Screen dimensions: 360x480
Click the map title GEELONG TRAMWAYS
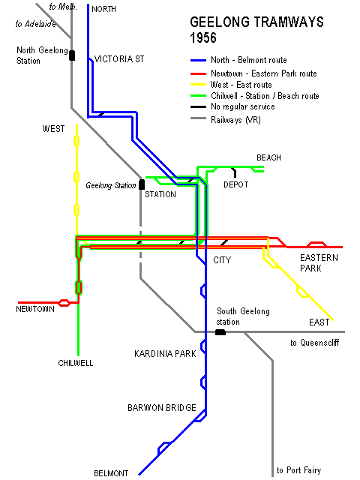(x=256, y=22)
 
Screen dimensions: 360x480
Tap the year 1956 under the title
(x=203, y=38)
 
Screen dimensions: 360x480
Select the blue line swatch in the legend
(x=198, y=61)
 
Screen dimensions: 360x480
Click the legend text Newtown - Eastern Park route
(x=263, y=73)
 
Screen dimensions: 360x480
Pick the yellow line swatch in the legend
(x=198, y=85)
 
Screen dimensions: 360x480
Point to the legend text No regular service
(x=243, y=106)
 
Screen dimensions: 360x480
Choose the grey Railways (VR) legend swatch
(x=198, y=118)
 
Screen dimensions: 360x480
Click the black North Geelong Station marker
(x=72, y=55)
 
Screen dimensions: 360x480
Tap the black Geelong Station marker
(x=142, y=184)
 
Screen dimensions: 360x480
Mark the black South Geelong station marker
(x=220, y=332)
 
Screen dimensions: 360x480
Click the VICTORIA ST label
(x=119, y=59)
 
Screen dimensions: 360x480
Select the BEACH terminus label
(x=268, y=157)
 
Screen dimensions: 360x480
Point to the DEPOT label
(x=235, y=184)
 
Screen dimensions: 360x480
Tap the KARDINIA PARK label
(x=165, y=354)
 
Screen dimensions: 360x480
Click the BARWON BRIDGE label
(x=162, y=408)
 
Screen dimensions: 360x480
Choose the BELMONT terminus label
(x=111, y=473)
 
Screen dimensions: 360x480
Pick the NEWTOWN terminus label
(x=35, y=309)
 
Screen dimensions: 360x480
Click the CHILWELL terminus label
(x=75, y=363)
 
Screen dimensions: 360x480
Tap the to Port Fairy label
(x=298, y=470)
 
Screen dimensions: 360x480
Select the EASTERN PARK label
(x=319, y=263)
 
